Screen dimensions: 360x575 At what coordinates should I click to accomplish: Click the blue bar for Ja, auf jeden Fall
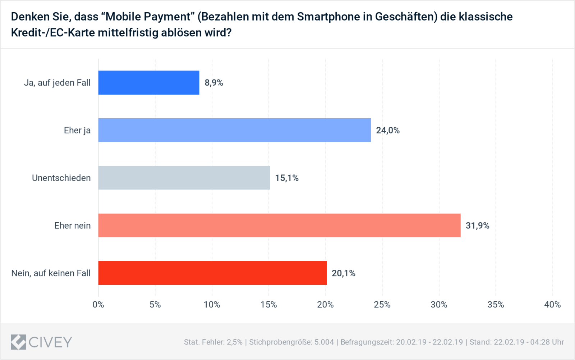click(149, 83)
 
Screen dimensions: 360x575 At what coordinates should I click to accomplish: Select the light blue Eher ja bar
click(234, 130)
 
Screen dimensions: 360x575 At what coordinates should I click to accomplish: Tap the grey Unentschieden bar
click(184, 178)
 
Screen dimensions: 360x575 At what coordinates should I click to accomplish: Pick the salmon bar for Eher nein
click(279, 225)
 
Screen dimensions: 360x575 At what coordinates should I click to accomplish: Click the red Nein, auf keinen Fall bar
click(212, 273)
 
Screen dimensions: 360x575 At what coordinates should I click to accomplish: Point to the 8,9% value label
click(214, 83)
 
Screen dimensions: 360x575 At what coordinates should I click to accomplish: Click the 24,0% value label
click(388, 130)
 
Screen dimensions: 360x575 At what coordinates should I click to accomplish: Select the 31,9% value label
click(477, 225)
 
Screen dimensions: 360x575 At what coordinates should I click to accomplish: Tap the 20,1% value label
click(343, 273)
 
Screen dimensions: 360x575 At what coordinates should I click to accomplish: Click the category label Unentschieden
click(61, 178)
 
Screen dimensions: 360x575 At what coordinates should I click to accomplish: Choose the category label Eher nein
click(72, 225)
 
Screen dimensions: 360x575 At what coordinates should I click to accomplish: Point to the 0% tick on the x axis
click(98, 305)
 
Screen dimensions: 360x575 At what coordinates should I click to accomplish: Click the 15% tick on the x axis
click(268, 305)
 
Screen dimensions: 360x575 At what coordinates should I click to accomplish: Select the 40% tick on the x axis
click(552, 305)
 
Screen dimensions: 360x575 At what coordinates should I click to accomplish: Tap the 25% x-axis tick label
click(382, 305)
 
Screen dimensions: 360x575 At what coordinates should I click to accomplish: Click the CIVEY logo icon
click(18, 342)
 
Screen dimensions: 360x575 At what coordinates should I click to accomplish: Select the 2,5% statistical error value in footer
click(234, 342)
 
